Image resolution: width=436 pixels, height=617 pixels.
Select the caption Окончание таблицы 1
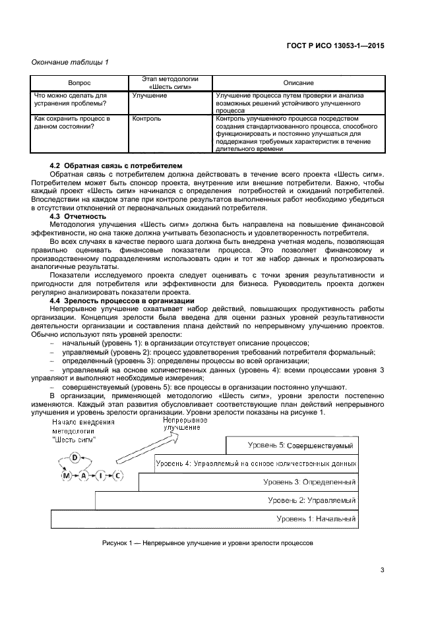tap(71, 63)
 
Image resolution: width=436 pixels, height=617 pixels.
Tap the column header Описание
tap(298, 84)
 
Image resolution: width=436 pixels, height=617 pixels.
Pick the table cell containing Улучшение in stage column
tap(149, 96)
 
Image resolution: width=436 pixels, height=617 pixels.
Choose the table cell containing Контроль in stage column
tap(146, 119)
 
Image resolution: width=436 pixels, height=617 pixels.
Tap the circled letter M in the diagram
tap(65, 475)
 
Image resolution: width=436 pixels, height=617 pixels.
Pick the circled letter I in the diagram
tap(101, 475)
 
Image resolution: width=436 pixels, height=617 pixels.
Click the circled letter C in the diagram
tap(117, 475)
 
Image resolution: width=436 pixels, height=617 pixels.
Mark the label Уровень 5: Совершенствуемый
tap(300, 446)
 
